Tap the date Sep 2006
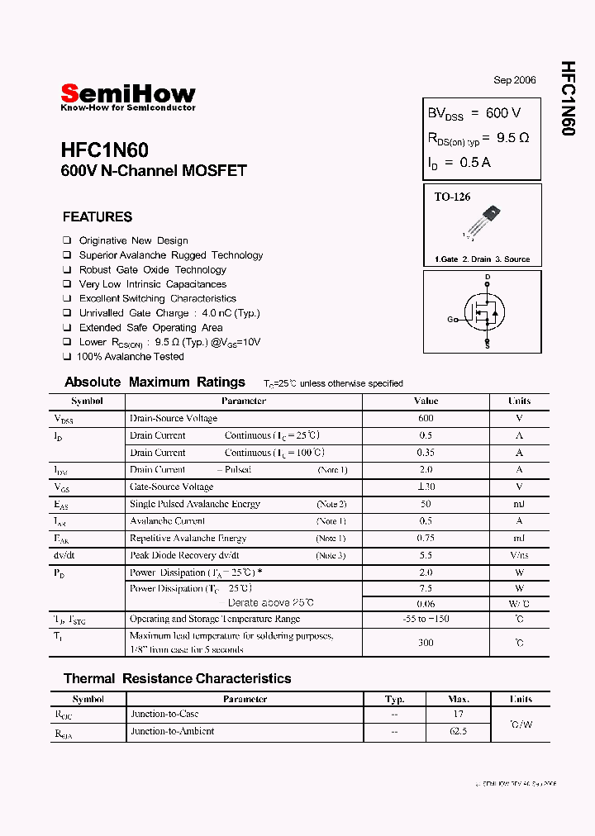pos(515,80)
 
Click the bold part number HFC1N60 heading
pos(104,150)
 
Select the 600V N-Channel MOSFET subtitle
pos(154,172)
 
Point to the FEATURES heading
pos(97,217)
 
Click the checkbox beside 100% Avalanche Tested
pos(67,357)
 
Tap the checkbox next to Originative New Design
pos(67,240)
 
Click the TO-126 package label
pos(452,197)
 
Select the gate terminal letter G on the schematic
pos(450,320)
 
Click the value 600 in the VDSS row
pos(426,418)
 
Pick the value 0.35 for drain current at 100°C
pos(426,453)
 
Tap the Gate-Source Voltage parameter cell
pos(171,487)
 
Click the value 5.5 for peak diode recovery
pos(426,555)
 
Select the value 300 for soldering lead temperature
pos(426,642)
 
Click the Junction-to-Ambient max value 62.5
pos(459,731)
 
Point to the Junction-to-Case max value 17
pos(459,714)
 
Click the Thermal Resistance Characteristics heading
pos(177,679)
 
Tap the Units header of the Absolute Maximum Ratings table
pos(519,401)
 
